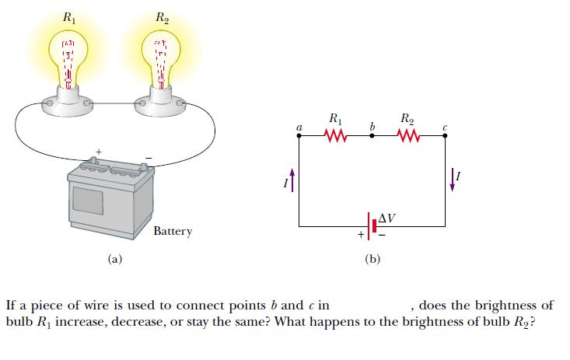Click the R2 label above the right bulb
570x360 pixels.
162,14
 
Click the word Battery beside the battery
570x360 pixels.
172,231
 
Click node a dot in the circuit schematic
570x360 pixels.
300,137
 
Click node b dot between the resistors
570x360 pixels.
372,137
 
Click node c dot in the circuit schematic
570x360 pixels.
445,137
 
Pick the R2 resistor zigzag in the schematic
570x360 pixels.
408,137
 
